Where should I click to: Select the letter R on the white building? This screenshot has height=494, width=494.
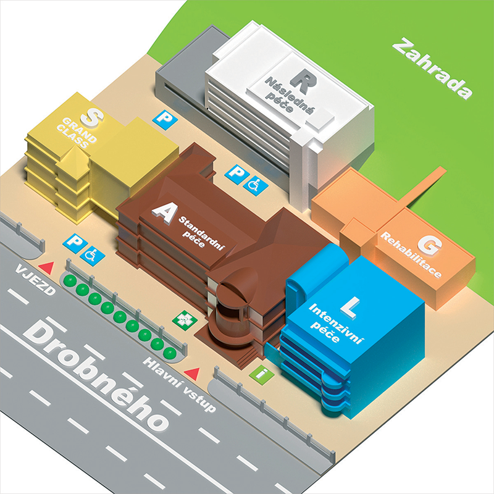coord(303,79)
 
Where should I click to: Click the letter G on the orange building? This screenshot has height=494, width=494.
coord(430,247)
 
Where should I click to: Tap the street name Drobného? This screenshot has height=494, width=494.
coord(99,376)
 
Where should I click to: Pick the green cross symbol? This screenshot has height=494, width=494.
coord(183,320)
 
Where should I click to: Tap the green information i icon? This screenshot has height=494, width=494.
coord(261,374)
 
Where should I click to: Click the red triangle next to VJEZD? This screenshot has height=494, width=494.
coord(46,266)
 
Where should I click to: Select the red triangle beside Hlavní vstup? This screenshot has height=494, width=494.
coord(193,373)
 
